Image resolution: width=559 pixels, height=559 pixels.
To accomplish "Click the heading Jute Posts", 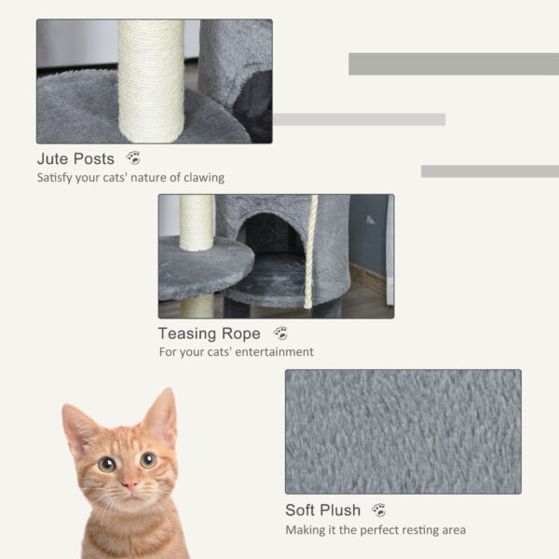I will [x=75, y=159].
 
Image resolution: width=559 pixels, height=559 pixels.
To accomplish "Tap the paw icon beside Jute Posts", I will [x=133, y=158].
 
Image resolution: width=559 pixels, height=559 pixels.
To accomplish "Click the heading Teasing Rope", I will [x=209, y=334].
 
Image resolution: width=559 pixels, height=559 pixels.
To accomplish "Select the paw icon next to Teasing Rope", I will [x=280, y=333].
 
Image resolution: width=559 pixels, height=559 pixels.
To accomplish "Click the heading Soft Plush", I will [x=322, y=511].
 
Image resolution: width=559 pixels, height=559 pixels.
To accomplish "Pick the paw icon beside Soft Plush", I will [x=378, y=510].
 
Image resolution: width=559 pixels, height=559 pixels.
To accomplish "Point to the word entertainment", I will [x=275, y=353].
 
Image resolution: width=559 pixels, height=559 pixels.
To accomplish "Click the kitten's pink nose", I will [x=129, y=484].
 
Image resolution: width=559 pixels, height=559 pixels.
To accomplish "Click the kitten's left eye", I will [x=107, y=463].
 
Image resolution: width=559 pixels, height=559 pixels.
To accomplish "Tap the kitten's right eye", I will [x=148, y=459].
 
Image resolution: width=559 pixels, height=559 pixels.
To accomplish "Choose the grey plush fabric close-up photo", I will [x=402, y=431].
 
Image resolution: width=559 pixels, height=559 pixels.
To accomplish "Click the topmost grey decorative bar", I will [x=453, y=63].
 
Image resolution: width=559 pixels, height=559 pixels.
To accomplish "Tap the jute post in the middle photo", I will [x=196, y=224].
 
